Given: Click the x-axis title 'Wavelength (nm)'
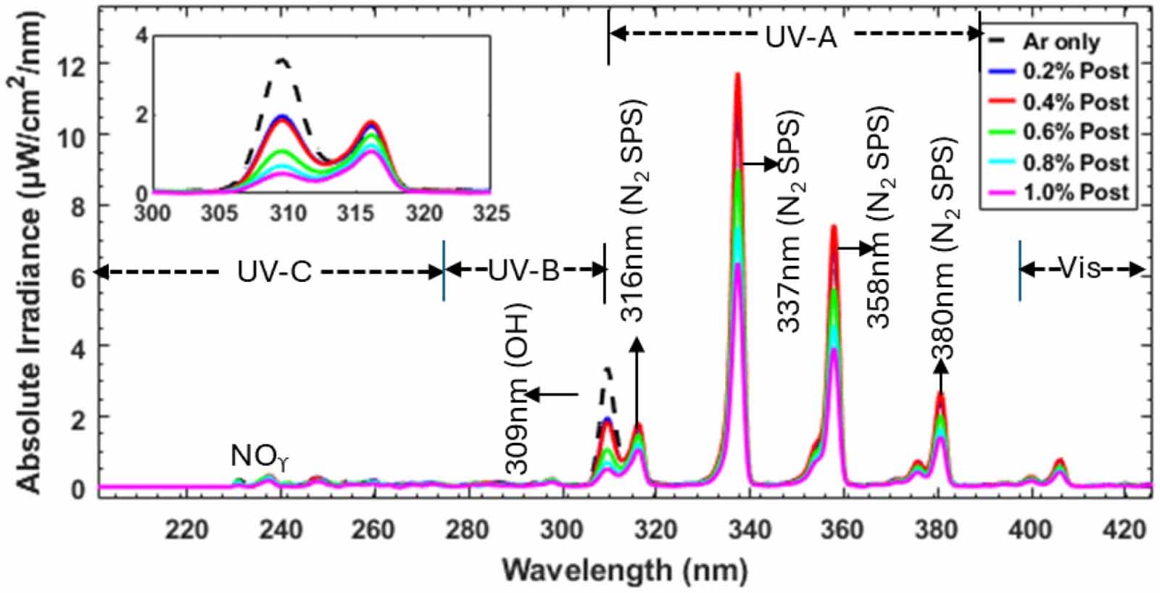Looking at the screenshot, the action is click(626, 571).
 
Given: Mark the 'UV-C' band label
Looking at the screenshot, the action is click(275, 271).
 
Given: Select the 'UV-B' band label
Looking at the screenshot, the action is click(524, 270).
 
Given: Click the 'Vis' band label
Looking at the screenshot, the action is click(1080, 268).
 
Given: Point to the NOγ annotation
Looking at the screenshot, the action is click(258, 457).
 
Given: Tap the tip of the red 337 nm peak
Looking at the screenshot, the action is click(737, 73).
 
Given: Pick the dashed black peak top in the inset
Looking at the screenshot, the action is click(283, 61).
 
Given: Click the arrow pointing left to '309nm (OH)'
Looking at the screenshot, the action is click(552, 394).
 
